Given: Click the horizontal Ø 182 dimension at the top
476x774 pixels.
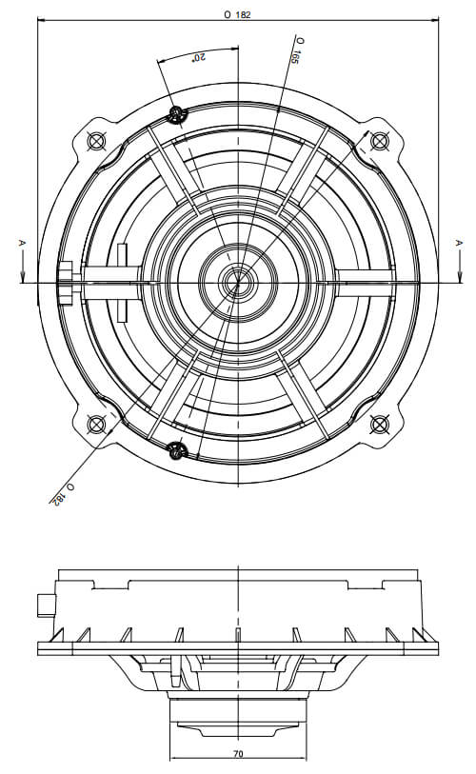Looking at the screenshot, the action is (237, 15).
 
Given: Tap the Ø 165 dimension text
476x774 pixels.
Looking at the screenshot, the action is (298, 50).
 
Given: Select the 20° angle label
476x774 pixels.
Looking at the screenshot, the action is (199, 57).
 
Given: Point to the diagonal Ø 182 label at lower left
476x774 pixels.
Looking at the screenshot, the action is (63, 493).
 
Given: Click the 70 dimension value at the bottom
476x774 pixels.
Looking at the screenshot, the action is (238, 754).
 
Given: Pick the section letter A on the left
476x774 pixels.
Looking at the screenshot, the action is (21, 243).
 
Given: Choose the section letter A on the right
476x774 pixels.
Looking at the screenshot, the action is (459, 243).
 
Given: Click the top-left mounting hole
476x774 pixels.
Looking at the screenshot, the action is (96, 141).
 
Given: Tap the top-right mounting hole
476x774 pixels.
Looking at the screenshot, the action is (379, 141).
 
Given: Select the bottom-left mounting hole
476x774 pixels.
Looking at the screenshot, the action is (96, 424).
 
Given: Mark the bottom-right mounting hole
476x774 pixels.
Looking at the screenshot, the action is (379, 424).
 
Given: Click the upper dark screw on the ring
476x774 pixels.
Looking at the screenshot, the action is (176, 115).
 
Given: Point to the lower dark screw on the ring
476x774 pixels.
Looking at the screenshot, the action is (176, 449).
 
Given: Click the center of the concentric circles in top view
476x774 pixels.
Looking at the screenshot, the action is (239, 283).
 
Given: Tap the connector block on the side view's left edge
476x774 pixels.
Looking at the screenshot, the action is (47, 605).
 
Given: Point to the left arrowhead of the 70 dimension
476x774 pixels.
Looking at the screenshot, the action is (174, 759).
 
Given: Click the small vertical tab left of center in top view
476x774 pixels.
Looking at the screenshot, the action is (122, 283).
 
